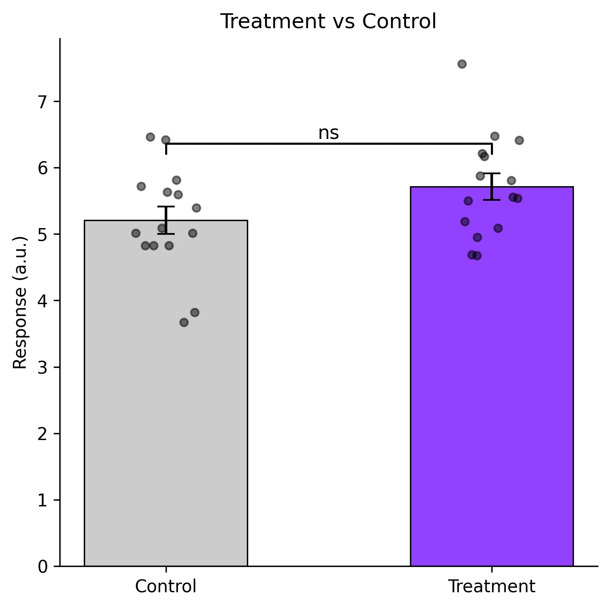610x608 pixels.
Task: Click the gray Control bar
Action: click(x=166, y=394)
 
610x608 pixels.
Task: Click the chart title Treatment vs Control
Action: click(x=328, y=22)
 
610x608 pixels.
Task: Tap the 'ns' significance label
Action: click(x=328, y=134)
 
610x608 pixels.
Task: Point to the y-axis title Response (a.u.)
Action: click(x=20, y=302)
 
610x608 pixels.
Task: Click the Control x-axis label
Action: click(x=166, y=586)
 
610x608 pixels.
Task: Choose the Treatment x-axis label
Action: click(x=492, y=586)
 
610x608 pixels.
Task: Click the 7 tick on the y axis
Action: click(x=43, y=102)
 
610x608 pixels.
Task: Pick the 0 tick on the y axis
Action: click(x=43, y=567)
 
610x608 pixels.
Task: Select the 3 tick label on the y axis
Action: click(x=43, y=367)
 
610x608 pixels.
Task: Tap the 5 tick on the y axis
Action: click(x=43, y=235)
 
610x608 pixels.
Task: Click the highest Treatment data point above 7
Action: click(x=462, y=64)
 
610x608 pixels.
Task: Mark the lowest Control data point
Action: click(x=184, y=322)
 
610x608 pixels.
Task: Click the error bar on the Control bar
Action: click(x=166, y=220)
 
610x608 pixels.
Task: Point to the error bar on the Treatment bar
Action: click(x=492, y=186)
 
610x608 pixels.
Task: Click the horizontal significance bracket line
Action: click(x=328, y=143)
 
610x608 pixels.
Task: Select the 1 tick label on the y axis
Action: click(x=43, y=500)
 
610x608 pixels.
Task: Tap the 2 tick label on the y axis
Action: click(x=43, y=434)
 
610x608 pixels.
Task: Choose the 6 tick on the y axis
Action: click(x=43, y=168)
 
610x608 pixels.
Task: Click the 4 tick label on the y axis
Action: click(x=43, y=301)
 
